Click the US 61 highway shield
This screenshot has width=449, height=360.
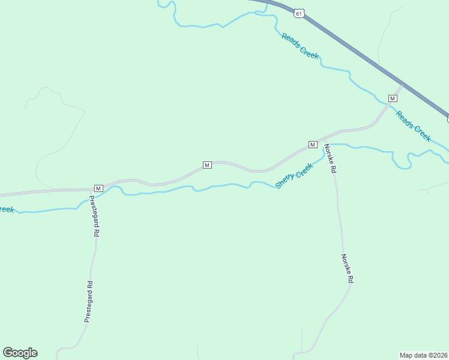[300, 13]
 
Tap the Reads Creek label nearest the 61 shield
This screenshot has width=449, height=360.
[300, 46]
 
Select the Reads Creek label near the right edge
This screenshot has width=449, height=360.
[414, 126]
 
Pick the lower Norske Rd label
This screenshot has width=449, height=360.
[347, 268]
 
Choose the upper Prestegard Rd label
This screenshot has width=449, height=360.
[94, 215]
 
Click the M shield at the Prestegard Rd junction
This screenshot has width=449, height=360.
[98, 188]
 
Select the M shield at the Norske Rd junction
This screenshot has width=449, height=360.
[312, 145]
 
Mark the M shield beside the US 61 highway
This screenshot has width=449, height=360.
[393, 98]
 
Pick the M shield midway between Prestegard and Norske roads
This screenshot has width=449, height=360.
[206, 165]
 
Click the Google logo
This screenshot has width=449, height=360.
[20, 353]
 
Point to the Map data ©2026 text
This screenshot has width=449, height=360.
[423, 355]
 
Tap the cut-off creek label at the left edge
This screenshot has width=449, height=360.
[7, 209]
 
